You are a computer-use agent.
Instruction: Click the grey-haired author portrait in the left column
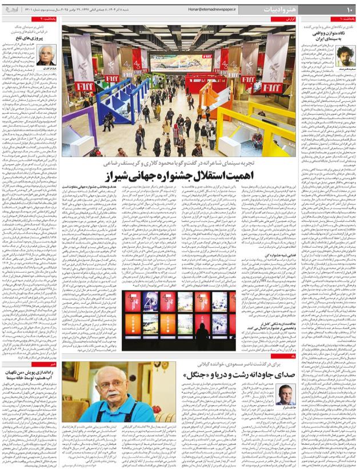click(46, 55)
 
